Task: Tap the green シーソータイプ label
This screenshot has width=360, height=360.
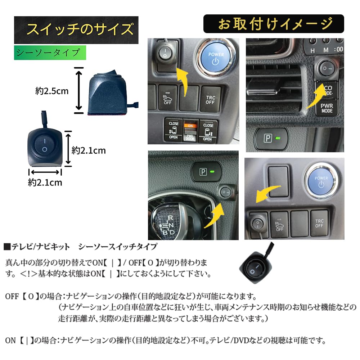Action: point(50,53)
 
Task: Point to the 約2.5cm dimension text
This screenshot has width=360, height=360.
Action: point(52,91)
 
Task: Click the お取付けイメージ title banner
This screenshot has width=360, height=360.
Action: point(274,24)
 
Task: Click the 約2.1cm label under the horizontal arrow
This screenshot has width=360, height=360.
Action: point(45,183)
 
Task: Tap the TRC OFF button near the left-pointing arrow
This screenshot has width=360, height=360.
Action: point(319,224)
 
